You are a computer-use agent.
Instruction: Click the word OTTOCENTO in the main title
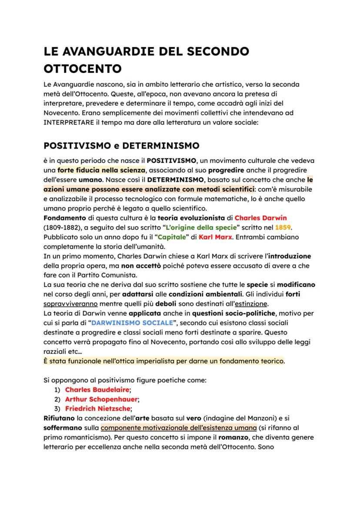tap(83, 68)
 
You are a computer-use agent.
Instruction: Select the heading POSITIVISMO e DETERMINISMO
tap(121, 145)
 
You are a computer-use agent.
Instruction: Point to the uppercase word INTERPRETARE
tap(68, 123)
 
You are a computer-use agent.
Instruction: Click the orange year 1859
tap(283, 227)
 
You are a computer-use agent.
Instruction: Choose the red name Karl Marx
tap(213, 237)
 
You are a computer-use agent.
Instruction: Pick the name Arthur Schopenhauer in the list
tap(101, 399)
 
